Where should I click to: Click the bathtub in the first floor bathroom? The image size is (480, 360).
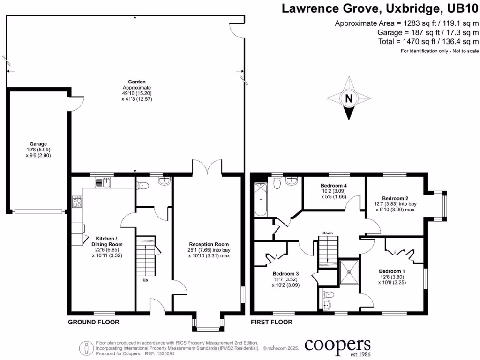pos(260,200)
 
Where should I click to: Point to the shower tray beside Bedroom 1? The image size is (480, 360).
pos(349,271)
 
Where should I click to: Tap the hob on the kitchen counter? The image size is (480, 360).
pos(77,202)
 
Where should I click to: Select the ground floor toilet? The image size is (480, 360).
pos(143,185)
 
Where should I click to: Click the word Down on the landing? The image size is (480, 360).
pos(328,233)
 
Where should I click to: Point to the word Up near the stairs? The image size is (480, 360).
pos(145,280)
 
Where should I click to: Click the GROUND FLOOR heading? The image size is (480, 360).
pos(94,322)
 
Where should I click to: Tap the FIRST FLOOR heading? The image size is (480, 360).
pos(272,322)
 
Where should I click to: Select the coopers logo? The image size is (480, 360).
pos(337,346)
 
